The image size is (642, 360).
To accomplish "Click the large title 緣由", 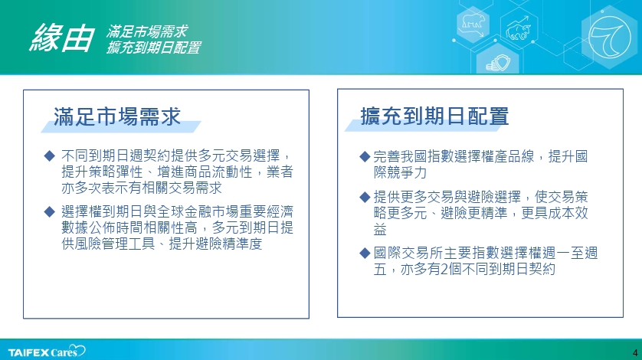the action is click(62, 38).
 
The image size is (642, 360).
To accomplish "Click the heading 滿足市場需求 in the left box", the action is click(117, 116).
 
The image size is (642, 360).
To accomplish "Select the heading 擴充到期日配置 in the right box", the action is click(434, 116).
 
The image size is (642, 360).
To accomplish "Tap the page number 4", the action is click(635, 352).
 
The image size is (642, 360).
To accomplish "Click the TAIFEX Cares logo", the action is click(47, 352).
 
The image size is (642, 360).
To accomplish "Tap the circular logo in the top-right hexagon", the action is click(610, 37).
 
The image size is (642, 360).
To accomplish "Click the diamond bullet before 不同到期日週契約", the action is click(50, 155).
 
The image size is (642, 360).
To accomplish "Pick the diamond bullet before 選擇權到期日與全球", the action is click(50, 211).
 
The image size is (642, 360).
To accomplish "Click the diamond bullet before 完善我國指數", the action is click(365, 156).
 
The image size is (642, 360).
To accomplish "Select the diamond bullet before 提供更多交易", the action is click(365, 197).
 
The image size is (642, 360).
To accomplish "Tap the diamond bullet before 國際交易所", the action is click(365, 253).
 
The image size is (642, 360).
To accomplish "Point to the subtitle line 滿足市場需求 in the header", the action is click(147, 31).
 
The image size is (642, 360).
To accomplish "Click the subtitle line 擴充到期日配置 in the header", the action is click(153, 47).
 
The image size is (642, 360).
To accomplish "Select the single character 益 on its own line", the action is click(380, 229).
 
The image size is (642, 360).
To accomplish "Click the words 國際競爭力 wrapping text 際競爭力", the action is click(400, 172).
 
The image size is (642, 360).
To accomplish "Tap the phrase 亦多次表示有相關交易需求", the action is click(142, 188).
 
